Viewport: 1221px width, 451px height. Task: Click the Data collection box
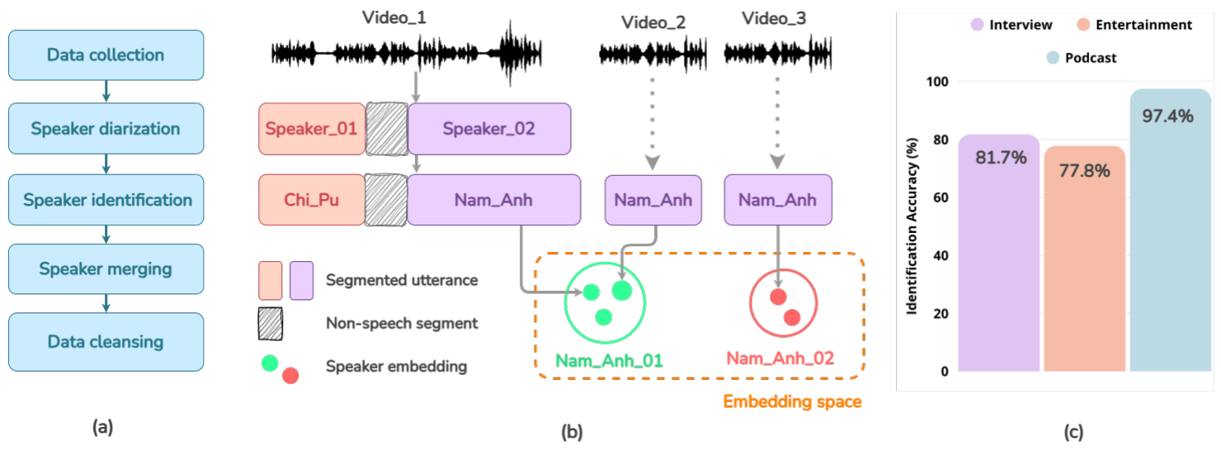(106, 55)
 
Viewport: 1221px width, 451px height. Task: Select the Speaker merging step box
(106, 268)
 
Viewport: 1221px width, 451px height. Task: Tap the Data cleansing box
(106, 342)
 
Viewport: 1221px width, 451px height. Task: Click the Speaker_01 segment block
(312, 129)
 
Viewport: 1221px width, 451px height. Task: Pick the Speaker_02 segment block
(489, 129)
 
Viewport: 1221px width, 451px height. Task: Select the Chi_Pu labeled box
(312, 200)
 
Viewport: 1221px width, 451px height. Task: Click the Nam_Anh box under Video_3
(778, 200)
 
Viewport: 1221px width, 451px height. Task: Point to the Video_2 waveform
(653, 54)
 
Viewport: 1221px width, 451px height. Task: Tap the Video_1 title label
(394, 17)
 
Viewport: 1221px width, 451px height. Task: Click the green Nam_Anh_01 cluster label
(609, 360)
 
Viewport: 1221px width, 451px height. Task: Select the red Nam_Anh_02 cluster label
(780, 358)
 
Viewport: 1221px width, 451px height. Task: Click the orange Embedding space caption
(792, 401)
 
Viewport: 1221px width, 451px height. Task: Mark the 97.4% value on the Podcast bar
(1167, 116)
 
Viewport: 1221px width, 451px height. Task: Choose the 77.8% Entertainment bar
(1085, 259)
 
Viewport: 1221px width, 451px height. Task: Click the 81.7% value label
(1001, 157)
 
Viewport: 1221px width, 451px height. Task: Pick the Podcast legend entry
(1082, 57)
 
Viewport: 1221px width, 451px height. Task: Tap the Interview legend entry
(1011, 25)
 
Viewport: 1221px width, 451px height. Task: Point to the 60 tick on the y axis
(940, 197)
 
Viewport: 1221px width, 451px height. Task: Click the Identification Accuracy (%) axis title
(912, 226)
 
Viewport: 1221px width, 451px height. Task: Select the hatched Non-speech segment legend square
(271, 324)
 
